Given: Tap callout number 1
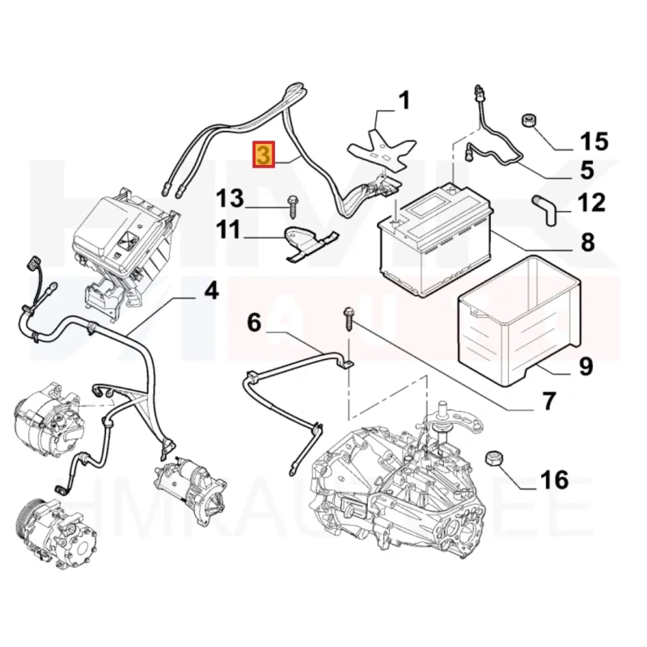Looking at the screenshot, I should (403, 101).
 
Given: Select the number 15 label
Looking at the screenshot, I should (594, 143).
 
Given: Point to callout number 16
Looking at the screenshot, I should (555, 480).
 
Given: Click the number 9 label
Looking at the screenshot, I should (585, 367).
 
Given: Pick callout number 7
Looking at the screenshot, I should (548, 400).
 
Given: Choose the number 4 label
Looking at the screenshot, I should (211, 289).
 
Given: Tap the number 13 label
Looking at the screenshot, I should (229, 197).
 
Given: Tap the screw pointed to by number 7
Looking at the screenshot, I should (349, 318).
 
